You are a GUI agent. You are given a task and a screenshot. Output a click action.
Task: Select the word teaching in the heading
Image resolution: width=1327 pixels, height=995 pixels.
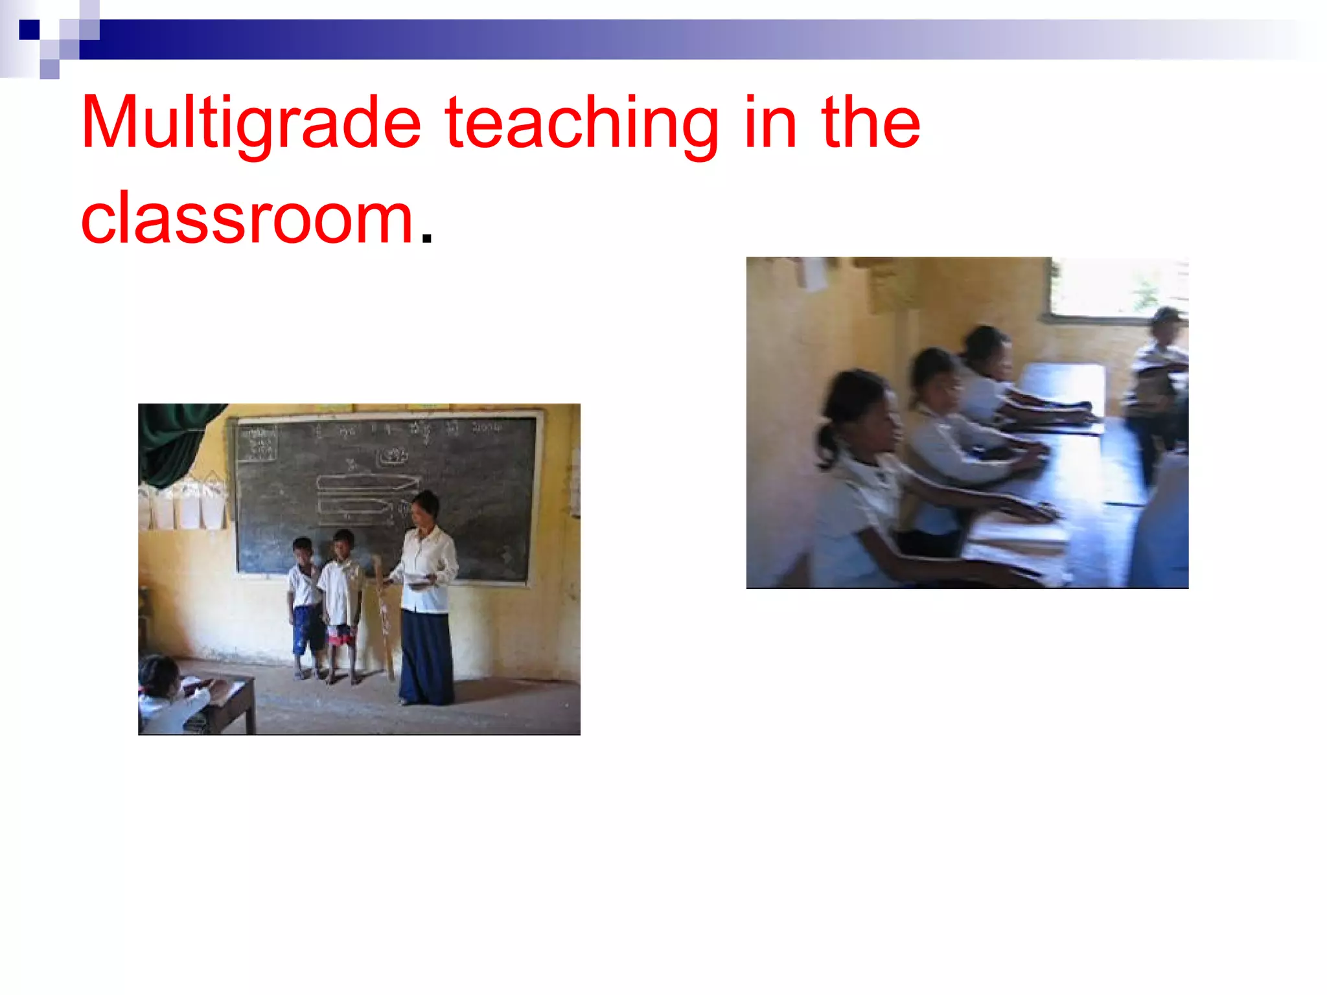coord(581,123)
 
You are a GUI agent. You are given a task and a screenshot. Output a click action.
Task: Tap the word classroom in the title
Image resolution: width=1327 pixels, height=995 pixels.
coord(247,219)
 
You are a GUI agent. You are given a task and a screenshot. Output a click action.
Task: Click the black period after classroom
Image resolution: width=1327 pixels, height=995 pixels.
coord(426,238)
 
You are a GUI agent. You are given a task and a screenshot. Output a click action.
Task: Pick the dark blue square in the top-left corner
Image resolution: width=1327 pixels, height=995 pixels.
coord(29,30)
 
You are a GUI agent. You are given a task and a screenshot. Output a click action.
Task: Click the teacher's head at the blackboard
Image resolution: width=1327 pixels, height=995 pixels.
coord(425,507)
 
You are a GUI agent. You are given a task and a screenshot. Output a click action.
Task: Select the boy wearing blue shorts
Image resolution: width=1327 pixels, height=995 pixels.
coord(305,606)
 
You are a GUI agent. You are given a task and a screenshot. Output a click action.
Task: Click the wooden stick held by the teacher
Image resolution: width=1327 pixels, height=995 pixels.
coord(382,615)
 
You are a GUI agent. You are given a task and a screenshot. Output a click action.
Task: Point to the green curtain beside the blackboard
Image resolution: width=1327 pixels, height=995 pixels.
coord(175,440)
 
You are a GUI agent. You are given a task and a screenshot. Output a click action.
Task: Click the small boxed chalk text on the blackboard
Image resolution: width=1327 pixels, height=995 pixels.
coord(257,443)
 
